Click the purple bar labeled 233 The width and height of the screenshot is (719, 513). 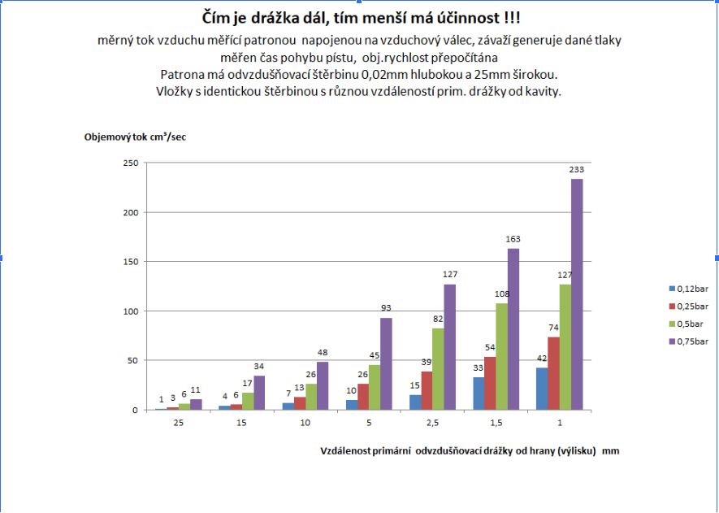577,294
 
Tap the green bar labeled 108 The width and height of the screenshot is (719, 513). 501,356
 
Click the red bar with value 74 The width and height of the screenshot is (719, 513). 553,373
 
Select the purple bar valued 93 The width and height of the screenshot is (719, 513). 386,363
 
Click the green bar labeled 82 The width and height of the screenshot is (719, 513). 438,368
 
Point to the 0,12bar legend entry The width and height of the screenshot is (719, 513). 691,289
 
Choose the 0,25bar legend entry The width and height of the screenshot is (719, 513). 691,306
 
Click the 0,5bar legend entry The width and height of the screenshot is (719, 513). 689,324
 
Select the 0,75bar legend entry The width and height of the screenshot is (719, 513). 691,342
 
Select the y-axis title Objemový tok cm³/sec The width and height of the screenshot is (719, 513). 136,137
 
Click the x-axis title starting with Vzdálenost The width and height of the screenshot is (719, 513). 468,450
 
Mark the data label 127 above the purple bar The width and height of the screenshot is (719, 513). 449,275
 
